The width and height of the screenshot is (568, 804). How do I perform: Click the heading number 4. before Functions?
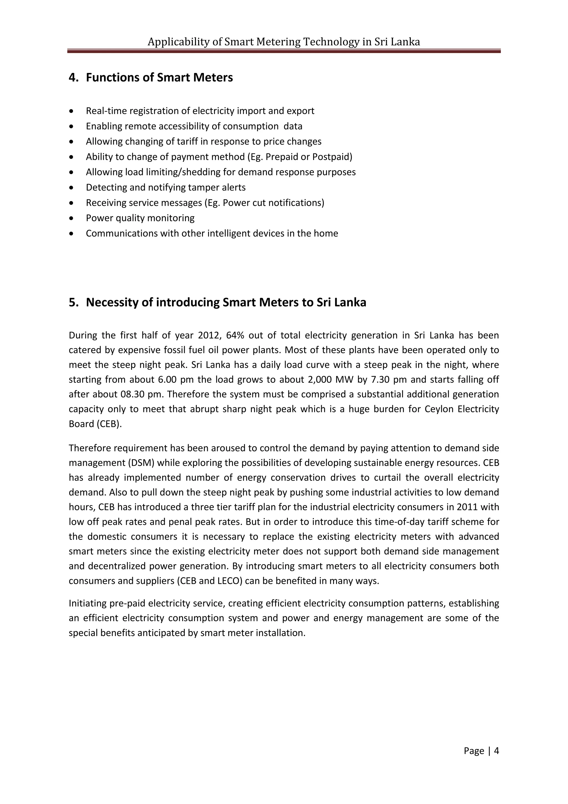pyautogui.click(x=73, y=77)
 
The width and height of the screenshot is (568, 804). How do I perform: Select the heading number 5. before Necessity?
pyautogui.click(x=73, y=302)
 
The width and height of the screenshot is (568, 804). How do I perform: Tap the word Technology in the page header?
pyautogui.click(x=331, y=42)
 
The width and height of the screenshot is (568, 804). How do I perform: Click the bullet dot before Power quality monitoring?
pyautogui.click(x=72, y=218)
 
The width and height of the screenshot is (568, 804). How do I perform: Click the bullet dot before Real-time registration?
pyautogui.click(x=72, y=111)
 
